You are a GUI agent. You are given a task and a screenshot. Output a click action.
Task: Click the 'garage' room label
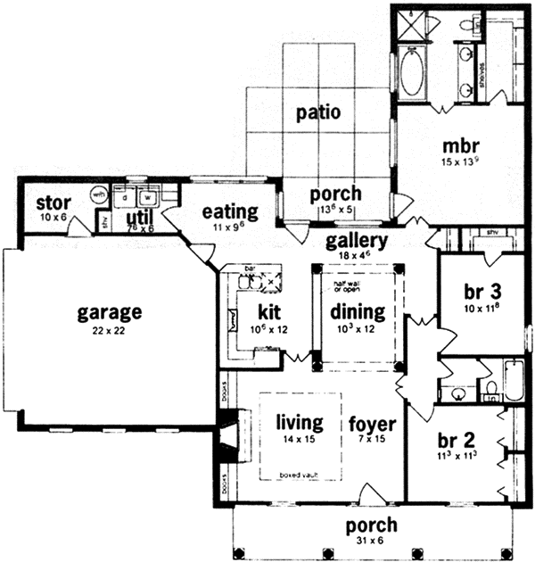[x=109, y=312]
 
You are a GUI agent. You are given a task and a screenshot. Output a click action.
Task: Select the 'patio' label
[x=319, y=113]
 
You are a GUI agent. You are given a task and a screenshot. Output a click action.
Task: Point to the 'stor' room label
[x=53, y=202]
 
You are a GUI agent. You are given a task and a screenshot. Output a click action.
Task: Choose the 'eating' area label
[x=230, y=212]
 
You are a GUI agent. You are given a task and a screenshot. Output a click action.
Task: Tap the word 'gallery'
[x=356, y=241]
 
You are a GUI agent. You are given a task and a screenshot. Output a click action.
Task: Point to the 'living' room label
[x=299, y=422]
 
